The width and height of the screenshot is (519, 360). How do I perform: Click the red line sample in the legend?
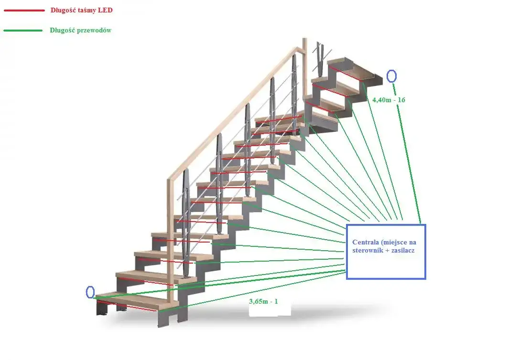pyautogui.click(x=24, y=11)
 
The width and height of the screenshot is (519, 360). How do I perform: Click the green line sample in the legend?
pyautogui.click(x=23, y=31)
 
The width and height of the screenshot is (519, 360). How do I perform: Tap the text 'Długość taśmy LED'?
pyautogui.click(x=81, y=10)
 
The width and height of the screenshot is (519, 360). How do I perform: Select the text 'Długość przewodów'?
pyautogui.click(x=80, y=31)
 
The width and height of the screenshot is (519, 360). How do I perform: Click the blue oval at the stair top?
pyautogui.click(x=391, y=76)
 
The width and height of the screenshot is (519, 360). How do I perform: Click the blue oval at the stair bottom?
pyautogui.click(x=90, y=292)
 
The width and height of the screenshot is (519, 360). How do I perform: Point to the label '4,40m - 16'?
pyautogui.click(x=389, y=100)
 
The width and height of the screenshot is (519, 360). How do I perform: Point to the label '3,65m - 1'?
pyautogui.click(x=263, y=301)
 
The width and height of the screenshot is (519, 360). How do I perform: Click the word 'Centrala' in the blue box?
pyautogui.click(x=366, y=243)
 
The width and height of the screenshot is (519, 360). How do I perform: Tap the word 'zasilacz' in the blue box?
pyautogui.click(x=403, y=250)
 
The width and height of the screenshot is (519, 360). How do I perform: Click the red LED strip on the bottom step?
pyautogui.click(x=127, y=306)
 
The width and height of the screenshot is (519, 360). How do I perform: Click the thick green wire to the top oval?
pyautogui.click(x=407, y=153)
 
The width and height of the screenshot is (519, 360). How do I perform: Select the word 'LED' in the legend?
pyautogui.click(x=105, y=10)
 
